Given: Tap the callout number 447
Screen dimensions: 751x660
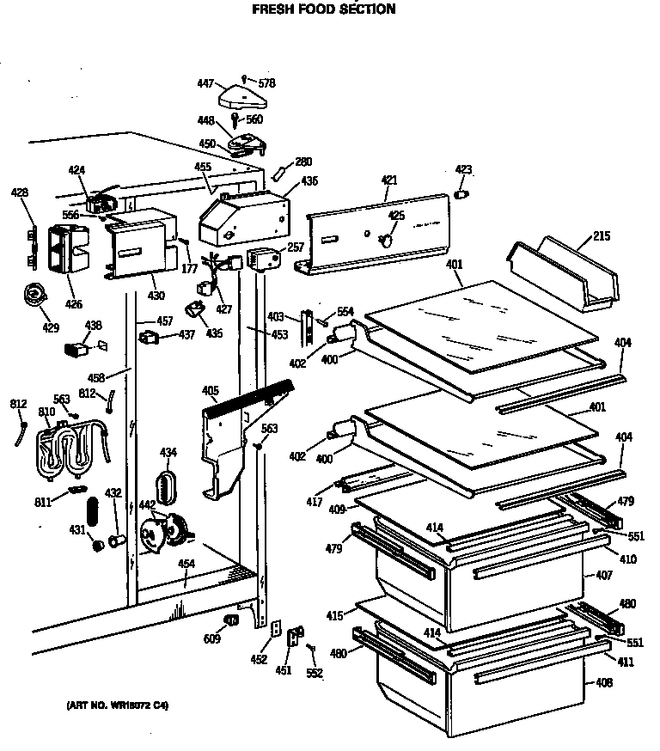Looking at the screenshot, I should [205, 84].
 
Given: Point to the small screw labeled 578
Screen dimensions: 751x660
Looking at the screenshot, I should [246, 80].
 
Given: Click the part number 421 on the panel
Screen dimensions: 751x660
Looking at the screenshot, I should [389, 180].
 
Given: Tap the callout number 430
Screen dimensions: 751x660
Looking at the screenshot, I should [155, 296].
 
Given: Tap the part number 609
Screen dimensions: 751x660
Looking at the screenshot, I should [211, 639].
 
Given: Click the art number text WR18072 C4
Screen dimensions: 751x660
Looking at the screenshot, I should [118, 705].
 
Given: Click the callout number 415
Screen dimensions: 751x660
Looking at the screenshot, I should [334, 615].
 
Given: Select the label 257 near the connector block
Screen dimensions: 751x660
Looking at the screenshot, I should [296, 247].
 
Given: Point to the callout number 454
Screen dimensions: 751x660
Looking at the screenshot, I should [185, 564].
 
